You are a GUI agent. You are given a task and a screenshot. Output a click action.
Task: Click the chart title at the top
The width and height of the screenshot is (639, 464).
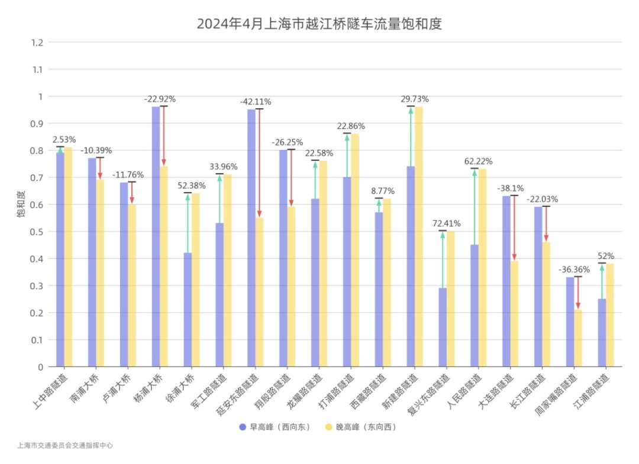319,24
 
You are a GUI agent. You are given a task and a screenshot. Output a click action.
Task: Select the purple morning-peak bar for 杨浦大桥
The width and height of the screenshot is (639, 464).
156,236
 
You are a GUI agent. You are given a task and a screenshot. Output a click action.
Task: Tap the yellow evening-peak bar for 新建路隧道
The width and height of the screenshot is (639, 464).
419,236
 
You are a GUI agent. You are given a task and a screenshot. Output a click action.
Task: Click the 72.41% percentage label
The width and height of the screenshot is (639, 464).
447,224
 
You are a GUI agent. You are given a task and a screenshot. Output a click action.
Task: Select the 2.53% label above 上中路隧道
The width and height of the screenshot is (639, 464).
64,139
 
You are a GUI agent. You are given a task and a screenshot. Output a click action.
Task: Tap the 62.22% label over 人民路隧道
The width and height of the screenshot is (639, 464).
479,161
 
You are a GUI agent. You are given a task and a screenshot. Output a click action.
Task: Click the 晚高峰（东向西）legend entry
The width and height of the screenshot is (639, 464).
360,427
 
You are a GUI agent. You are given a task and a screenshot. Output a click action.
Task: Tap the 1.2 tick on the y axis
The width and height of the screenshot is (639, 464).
37,43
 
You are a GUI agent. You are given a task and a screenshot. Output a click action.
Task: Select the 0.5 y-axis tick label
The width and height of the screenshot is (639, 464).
37,232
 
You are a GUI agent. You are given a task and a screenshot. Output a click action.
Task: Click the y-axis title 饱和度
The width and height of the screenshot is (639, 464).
21,205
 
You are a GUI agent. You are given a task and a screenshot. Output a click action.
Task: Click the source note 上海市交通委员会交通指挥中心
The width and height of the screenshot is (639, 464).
65,446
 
